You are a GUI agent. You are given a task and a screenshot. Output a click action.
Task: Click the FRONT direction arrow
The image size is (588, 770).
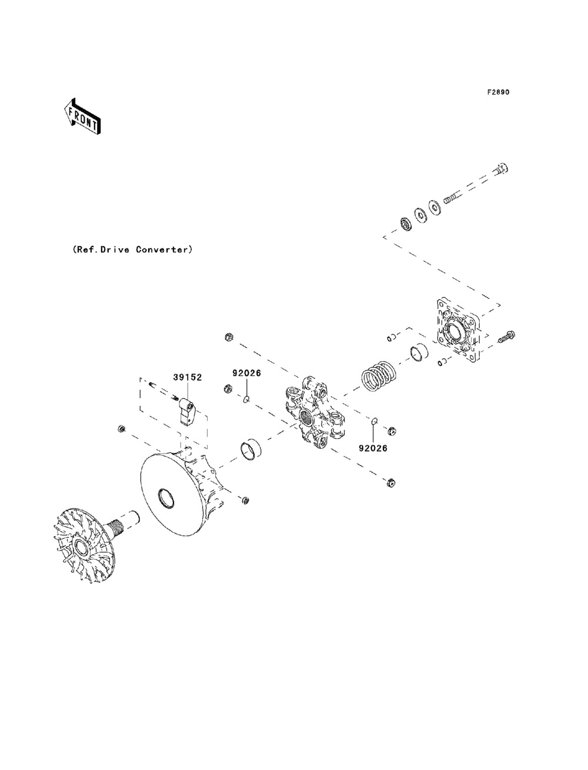[83, 116]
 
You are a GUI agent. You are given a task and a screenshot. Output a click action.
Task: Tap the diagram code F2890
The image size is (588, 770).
[498, 92]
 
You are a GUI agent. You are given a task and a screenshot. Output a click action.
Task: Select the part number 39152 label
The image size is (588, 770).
[188, 377]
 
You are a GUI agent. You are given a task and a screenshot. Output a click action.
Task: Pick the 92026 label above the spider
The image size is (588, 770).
[247, 373]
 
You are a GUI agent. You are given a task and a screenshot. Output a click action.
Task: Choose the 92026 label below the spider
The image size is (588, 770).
[373, 448]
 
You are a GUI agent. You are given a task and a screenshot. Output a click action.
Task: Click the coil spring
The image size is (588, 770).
[379, 376]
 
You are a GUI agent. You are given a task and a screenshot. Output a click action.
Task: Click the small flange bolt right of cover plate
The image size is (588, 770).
[506, 336]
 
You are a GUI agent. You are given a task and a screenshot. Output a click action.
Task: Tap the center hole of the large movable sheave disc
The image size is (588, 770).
[166, 498]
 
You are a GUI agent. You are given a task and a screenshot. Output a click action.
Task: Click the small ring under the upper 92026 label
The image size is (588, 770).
[247, 398]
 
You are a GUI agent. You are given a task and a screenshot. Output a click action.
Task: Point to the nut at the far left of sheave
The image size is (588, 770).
[122, 428]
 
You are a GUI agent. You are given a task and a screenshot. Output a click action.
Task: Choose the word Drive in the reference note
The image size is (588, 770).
[115, 249]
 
